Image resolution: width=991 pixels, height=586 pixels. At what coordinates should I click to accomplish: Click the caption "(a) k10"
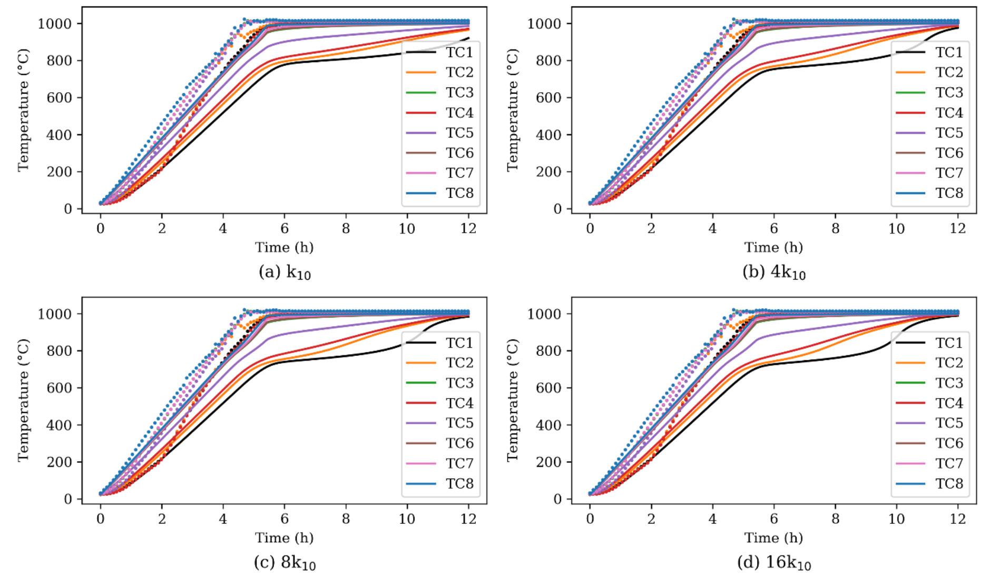[284, 273]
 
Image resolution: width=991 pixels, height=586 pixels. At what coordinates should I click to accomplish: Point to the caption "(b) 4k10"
[774, 273]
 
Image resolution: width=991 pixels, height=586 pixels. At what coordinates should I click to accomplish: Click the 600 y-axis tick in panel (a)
[61, 97]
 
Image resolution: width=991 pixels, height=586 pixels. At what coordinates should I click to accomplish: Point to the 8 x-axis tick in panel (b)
[835, 229]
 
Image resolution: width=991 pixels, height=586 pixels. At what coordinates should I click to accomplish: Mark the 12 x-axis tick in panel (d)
[958, 519]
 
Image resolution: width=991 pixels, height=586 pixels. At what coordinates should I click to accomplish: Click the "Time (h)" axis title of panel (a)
[284, 247]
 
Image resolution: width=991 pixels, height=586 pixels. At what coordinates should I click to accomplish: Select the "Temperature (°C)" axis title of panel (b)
[513, 110]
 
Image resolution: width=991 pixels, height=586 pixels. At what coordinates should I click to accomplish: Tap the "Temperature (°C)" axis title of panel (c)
[24, 400]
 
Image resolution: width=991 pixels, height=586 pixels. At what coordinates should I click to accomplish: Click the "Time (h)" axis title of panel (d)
[774, 538]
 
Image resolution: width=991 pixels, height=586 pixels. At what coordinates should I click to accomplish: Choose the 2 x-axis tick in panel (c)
[162, 519]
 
